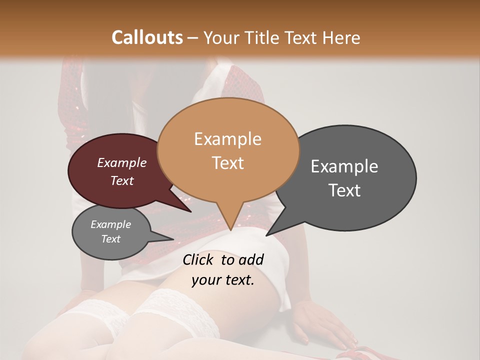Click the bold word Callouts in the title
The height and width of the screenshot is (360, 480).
pyautogui.click(x=147, y=37)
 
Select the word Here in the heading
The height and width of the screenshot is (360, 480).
pyautogui.click(x=341, y=37)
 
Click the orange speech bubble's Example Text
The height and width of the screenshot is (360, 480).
pyautogui.click(x=228, y=150)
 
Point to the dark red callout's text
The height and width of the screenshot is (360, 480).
pyautogui.click(x=122, y=171)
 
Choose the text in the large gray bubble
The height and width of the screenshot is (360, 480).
pyautogui.click(x=344, y=178)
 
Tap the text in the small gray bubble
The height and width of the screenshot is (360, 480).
pyautogui.click(x=110, y=231)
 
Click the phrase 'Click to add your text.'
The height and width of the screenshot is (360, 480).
pyautogui.click(x=223, y=269)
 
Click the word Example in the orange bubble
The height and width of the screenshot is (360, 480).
pyautogui.click(x=228, y=139)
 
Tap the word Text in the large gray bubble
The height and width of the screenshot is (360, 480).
pyautogui.click(x=344, y=190)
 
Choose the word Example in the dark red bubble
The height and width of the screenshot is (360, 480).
pyautogui.click(x=122, y=163)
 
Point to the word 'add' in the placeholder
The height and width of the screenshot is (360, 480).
pyautogui.click(x=251, y=259)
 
